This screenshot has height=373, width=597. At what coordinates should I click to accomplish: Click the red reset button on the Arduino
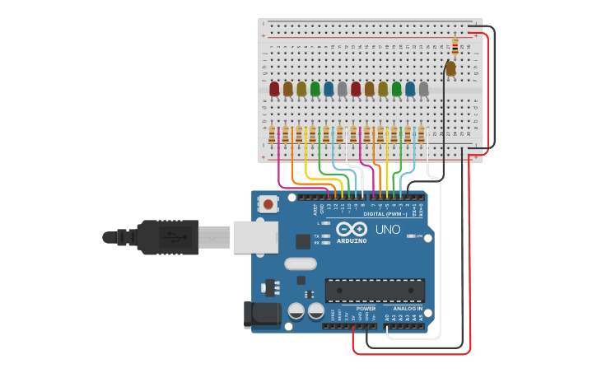pos(268,203)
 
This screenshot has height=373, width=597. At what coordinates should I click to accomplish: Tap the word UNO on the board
pos(388,230)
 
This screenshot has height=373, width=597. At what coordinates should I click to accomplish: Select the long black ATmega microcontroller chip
pos(375,290)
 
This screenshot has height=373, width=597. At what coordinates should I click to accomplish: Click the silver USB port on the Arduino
pos(254,237)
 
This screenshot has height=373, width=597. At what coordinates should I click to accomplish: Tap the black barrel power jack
pos(257,315)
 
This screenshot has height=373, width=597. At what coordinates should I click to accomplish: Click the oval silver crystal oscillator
pos(300,264)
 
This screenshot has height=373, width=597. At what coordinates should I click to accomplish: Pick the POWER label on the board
pos(366,309)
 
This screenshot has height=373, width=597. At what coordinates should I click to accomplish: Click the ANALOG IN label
pos(408,309)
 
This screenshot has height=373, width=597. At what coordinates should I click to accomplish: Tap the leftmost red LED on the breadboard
pos(274,88)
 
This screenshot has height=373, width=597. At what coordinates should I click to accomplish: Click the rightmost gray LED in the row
pos(423,88)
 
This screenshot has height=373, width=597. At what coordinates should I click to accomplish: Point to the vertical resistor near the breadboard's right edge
pos(455,46)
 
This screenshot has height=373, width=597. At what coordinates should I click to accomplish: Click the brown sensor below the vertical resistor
pos(450,69)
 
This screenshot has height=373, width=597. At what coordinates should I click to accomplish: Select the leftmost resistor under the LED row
pos(272,133)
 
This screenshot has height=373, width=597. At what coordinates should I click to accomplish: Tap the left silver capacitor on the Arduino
pos(296,311)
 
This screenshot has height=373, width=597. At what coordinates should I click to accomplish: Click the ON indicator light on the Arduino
pos(409,236)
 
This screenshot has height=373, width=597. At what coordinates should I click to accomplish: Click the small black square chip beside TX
pos(303,241)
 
